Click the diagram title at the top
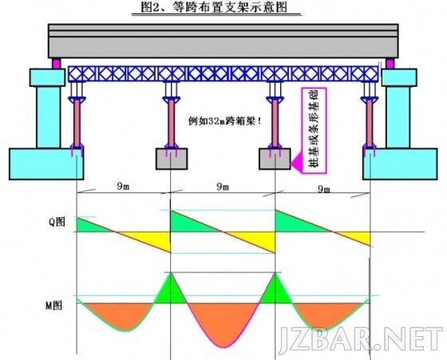(x=214, y=7)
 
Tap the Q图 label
(x=57, y=221)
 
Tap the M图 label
(x=53, y=305)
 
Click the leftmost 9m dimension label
(x=123, y=186)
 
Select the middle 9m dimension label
(x=223, y=187)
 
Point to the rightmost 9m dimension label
(x=323, y=188)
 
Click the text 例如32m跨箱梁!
(x=224, y=121)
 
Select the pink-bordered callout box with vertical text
(x=314, y=130)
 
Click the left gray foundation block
(x=172, y=159)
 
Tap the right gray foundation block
(x=275, y=159)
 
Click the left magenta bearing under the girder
(x=57, y=63)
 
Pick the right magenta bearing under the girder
(x=390, y=63)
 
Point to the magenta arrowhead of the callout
(x=296, y=163)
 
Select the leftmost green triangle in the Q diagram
(x=94, y=225)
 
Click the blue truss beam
(x=223, y=73)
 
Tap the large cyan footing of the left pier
(x=46, y=164)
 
